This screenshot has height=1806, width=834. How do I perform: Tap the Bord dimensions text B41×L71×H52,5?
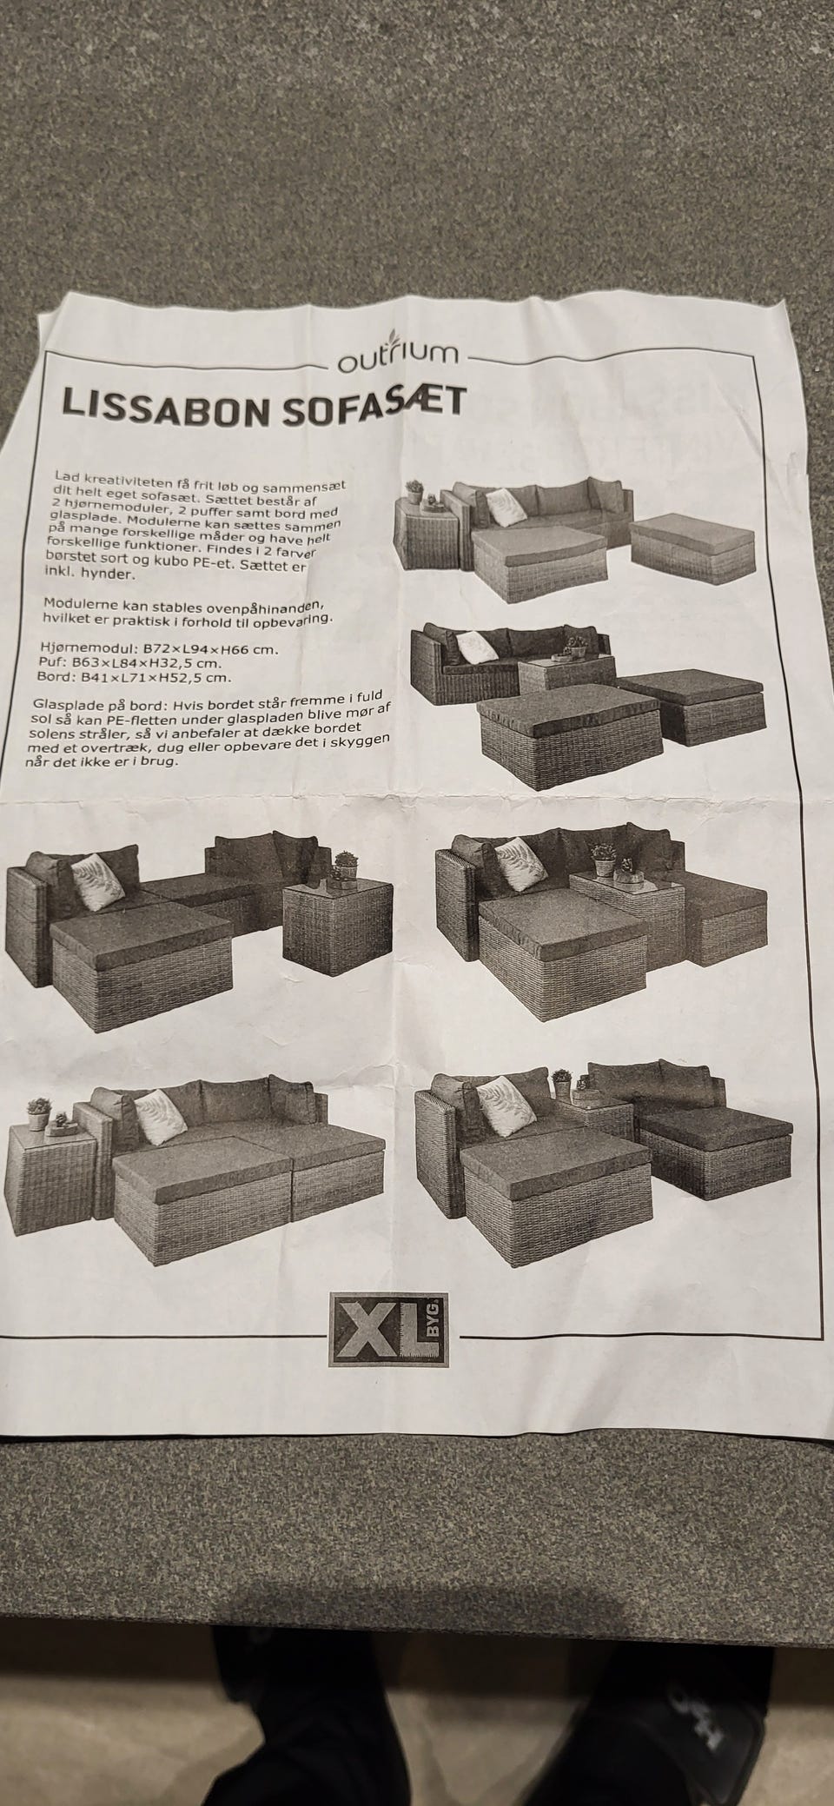click(x=147, y=679)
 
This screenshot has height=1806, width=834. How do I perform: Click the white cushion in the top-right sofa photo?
click(x=502, y=503)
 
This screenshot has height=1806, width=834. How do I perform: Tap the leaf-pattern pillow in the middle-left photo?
click(x=96, y=881)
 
